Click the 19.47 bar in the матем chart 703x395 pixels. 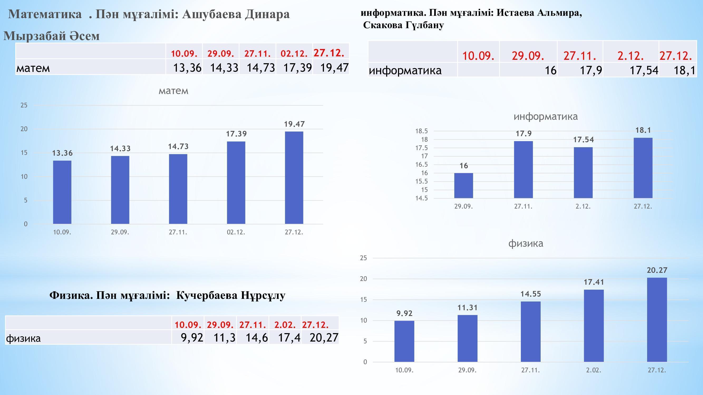pos(294,177)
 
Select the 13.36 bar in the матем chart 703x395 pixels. pos(62,192)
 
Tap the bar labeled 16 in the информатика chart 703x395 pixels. pos(463,185)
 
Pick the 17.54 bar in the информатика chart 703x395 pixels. pos(583,172)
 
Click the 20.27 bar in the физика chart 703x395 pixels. pos(657,320)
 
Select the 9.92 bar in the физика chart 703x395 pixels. pos(404,341)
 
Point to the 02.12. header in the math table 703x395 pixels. pos(294,53)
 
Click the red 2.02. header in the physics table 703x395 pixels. pos(285,325)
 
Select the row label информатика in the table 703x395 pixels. pos(405,70)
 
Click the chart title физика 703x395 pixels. pos(526,243)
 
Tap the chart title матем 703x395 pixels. pos(173,91)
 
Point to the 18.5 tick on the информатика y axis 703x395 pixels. pos(421,131)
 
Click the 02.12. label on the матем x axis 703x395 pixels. pos(236,232)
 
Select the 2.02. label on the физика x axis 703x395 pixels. pos(594,370)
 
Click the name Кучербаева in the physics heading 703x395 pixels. pos(206,295)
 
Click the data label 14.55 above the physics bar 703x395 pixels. pos(531,294)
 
